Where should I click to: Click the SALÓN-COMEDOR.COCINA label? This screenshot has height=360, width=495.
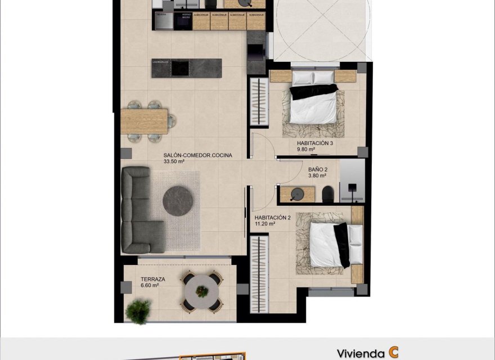point(197,155)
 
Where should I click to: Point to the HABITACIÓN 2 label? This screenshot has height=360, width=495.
point(272,217)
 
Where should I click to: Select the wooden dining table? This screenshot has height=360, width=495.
point(145,120)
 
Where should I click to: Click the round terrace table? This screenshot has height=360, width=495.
point(201,291)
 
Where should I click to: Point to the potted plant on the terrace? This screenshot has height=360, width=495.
point(138,310)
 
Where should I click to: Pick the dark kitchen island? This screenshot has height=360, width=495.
point(186,68)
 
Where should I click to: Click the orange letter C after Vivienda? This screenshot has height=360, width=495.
point(393,353)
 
